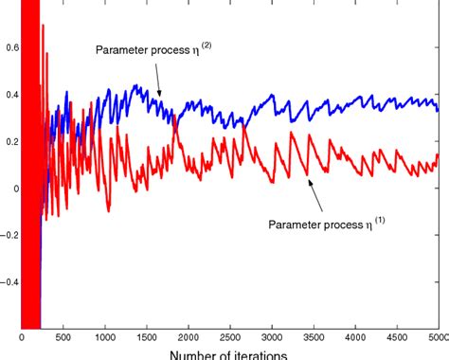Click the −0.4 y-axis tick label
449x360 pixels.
[x=7, y=280]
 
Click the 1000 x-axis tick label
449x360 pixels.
[x=104, y=335]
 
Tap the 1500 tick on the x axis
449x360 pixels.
[x=146, y=335]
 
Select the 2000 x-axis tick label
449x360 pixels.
[x=188, y=335]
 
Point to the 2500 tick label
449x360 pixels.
[x=229, y=335]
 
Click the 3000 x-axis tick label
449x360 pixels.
[x=271, y=335]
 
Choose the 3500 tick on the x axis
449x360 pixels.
[x=313, y=335]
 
